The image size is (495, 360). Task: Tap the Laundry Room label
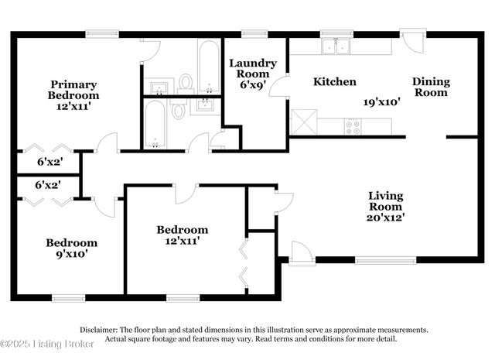pyautogui.click(x=252, y=74)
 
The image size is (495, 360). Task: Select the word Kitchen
pyautogui.click(x=334, y=81)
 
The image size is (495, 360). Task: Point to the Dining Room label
pyautogui.click(x=430, y=87)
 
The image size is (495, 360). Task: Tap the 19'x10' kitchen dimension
pyautogui.click(x=381, y=101)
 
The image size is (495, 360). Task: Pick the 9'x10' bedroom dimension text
pyautogui.click(x=70, y=253)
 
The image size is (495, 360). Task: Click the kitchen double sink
pyautogui.click(x=335, y=46)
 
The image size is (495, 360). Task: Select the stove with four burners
pyautogui.click(x=353, y=126)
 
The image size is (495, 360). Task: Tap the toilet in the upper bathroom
pyautogui.click(x=186, y=81)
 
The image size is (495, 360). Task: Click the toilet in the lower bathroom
pyautogui.click(x=179, y=111)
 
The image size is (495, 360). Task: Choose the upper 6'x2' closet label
pyautogui.click(x=48, y=163)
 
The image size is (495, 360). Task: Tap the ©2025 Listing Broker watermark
pyautogui.click(x=48, y=343)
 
